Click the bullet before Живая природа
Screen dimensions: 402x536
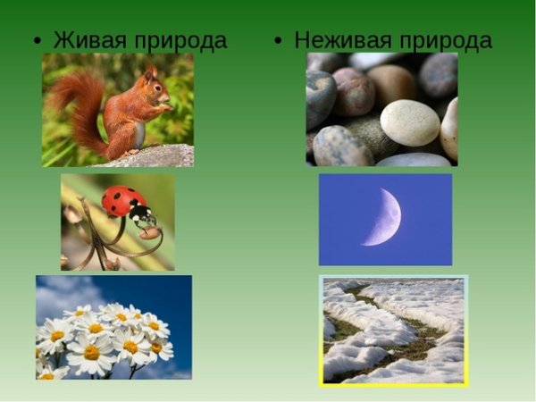38,43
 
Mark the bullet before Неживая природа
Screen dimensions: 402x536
279,43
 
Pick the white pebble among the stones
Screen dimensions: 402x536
409,122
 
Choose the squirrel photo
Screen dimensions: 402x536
118,109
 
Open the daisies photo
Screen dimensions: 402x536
113,327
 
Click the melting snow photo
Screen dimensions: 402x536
393,331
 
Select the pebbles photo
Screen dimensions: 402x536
381,109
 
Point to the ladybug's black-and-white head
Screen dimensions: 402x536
141,215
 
